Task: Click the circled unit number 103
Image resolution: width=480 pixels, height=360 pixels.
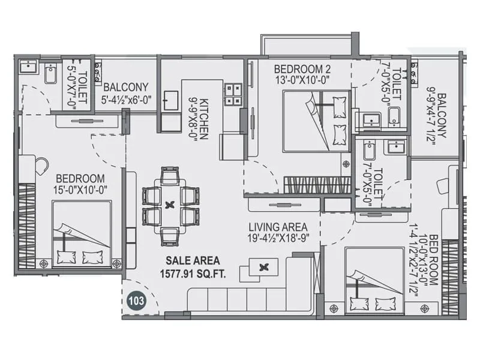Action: coord(136,301)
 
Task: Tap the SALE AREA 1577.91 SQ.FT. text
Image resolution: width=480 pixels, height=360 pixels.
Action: coord(193,266)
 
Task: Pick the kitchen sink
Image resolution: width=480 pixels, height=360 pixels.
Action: coord(170,100)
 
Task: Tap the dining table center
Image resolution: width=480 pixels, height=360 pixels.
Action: coord(170,205)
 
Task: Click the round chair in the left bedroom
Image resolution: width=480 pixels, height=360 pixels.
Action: coord(41,166)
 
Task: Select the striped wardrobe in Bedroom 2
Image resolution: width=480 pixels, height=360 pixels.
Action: coord(317,185)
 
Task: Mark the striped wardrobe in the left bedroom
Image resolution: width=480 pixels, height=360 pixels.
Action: coord(27,226)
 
